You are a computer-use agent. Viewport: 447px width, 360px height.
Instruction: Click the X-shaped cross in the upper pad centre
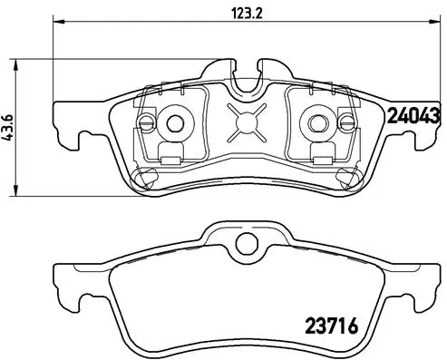click(x=243, y=121)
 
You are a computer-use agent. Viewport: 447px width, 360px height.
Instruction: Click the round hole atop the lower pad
click(x=243, y=243)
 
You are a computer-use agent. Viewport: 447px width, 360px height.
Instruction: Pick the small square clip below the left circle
click(x=167, y=151)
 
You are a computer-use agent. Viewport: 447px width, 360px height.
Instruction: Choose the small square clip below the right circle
click(x=319, y=151)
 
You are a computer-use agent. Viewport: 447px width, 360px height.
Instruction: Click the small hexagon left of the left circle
click(x=146, y=122)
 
